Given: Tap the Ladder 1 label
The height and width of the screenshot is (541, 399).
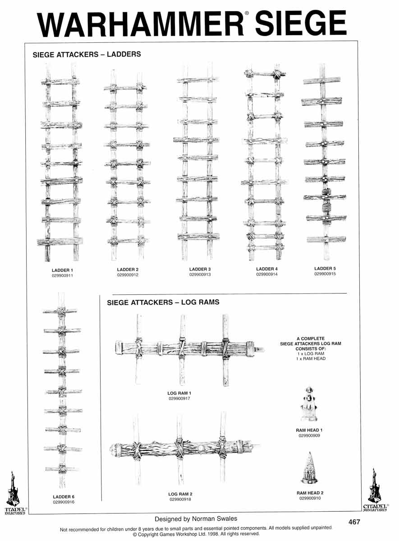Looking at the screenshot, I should click(62, 270).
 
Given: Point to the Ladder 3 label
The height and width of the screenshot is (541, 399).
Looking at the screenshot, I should click(200, 270).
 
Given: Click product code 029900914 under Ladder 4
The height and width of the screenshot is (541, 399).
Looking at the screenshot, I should click(267, 274).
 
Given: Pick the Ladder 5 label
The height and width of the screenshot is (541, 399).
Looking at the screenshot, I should click(325, 269).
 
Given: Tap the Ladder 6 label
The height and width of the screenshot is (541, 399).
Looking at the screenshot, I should click(64, 497).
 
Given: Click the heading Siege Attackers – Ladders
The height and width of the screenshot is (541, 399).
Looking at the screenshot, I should click(87, 55).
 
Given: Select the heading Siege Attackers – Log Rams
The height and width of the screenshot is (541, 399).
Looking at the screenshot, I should click(163, 302).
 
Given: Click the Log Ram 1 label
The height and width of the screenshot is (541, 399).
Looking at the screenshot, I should click(179, 394).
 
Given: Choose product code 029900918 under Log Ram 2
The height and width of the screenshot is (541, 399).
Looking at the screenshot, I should click(180, 500).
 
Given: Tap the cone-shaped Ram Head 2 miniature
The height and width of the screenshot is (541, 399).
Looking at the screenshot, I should click(310, 468).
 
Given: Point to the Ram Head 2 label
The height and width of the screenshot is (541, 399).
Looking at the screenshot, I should click(310, 493).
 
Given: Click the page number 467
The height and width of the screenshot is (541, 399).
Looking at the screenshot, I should click(354, 522).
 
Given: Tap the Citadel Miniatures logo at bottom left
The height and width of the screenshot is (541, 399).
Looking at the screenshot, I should click(14, 492).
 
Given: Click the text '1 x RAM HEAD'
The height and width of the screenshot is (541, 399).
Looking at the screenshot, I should click(312, 358).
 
